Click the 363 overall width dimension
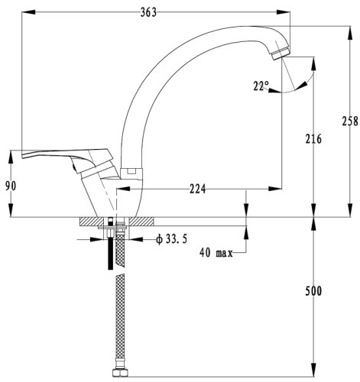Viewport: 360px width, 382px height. point(148,12)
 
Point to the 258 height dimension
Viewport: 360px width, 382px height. point(350,121)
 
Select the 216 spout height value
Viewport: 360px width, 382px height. point(313,139)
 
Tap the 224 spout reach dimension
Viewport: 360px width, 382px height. point(197,189)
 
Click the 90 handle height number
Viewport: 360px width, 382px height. point(11,186)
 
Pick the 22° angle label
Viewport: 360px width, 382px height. point(261,86)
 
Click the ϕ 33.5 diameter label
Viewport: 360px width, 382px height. point(172,239)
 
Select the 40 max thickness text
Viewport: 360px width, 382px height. point(216,253)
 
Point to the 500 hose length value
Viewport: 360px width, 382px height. point(313,291)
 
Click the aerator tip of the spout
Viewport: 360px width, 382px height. point(281,53)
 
